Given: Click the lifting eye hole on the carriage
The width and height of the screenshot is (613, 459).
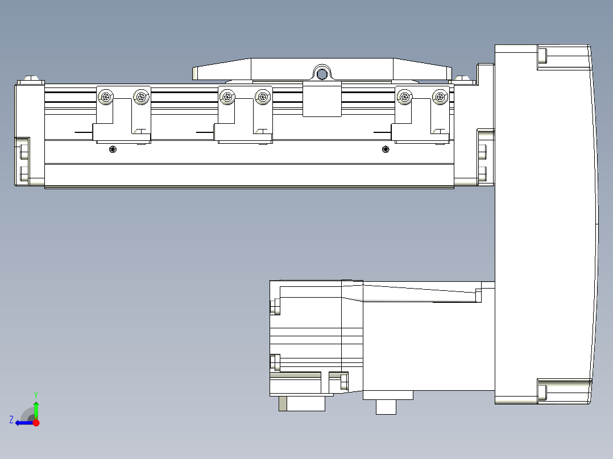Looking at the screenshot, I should click(322, 73).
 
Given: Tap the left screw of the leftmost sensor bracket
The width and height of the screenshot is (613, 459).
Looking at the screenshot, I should click(105, 98).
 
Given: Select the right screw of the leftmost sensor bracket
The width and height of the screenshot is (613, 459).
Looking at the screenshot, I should click(140, 98).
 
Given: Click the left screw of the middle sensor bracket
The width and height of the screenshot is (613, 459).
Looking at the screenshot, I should click(227, 98).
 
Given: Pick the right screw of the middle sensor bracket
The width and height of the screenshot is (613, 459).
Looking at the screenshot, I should click(262, 98).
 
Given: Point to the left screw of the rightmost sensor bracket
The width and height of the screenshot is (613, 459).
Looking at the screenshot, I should click(404, 98).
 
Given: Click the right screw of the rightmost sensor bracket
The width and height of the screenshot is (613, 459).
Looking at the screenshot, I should click(439, 98).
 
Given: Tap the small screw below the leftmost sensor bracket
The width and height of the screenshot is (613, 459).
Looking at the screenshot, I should click(112, 149).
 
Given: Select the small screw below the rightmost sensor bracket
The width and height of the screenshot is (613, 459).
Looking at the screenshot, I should click(386, 149).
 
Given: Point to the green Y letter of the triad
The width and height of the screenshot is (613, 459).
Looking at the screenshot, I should click(35, 394).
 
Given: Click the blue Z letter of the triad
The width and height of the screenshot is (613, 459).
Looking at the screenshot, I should click(11, 420).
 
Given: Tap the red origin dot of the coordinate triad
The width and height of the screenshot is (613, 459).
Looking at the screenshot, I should click(36, 423).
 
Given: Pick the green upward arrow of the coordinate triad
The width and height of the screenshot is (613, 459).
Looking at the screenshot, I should click(36, 408).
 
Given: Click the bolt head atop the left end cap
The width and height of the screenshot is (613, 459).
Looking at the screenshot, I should click(32, 79).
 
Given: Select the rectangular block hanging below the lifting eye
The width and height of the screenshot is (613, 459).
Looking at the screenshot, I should click(322, 99).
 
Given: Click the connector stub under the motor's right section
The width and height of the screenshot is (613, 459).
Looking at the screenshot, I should click(387, 407).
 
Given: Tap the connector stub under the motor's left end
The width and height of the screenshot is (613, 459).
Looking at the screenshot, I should click(301, 403).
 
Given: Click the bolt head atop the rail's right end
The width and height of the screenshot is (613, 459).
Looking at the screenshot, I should click(462, 78).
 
